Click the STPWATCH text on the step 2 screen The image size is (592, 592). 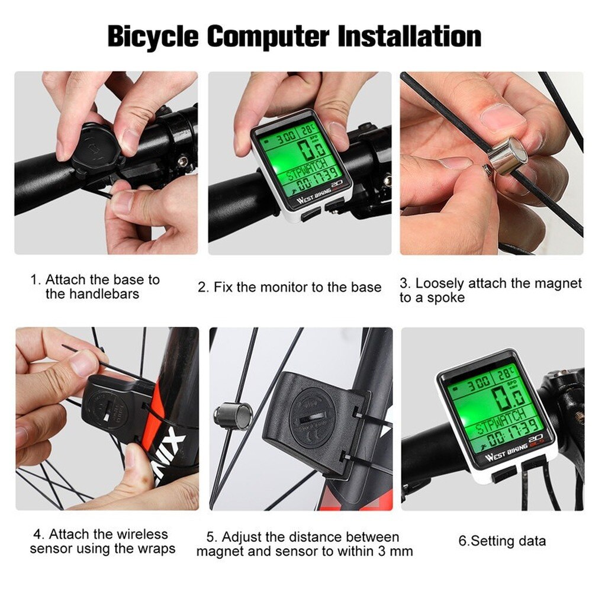point(305,175)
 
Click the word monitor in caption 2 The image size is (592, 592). point(279,288)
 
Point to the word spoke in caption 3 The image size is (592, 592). point(447,298)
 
